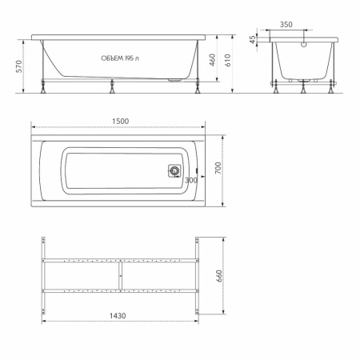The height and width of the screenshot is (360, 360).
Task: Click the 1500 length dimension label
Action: click(x=120, y=122)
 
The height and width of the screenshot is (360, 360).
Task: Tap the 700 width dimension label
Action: click(x=218, y=168)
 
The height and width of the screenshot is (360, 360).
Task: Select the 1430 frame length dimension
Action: click(x=118, y=316)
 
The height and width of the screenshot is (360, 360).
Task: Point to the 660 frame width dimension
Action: click(x=219, y=276)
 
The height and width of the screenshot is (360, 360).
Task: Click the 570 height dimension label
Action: click(x=19, y=66)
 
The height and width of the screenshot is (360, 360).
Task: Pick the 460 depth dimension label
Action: click(x=212, y=60)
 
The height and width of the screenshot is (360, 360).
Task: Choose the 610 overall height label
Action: click(x=227, y=60)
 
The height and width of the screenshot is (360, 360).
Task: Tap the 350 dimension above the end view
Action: click(x=286, y=25)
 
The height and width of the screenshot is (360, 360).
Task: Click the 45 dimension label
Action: click(x=252, y=40)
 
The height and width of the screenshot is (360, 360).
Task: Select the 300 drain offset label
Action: click(x=191, y=180)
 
